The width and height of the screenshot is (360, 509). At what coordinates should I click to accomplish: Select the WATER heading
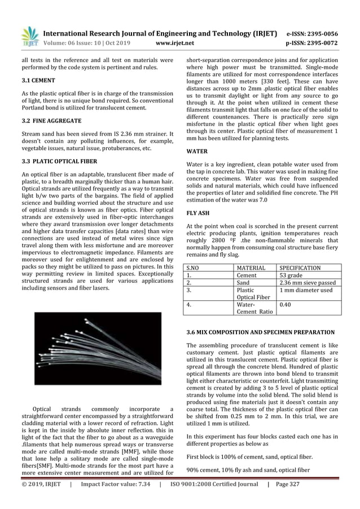pos(197,152)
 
